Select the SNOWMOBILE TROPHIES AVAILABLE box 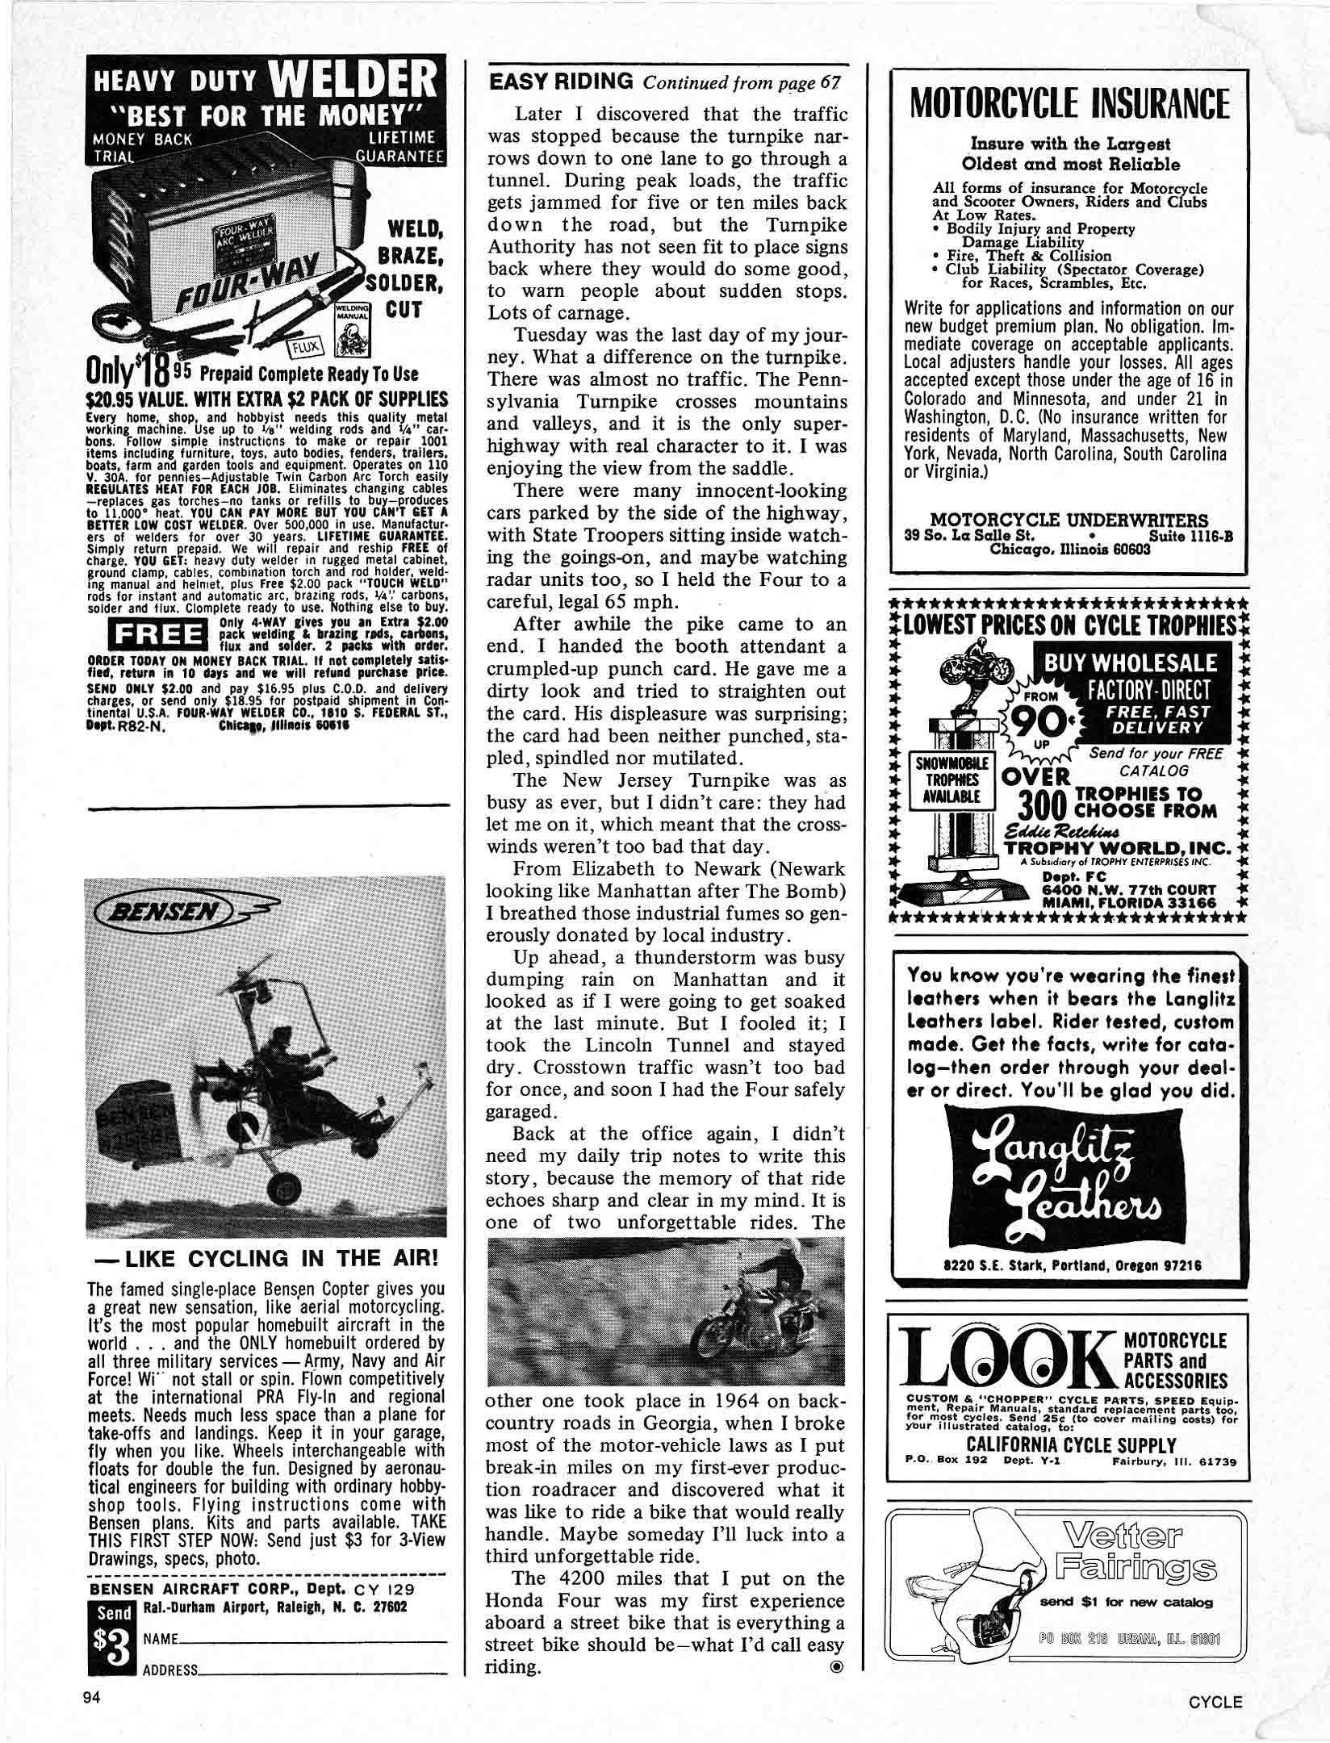[x=951, y=780]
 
